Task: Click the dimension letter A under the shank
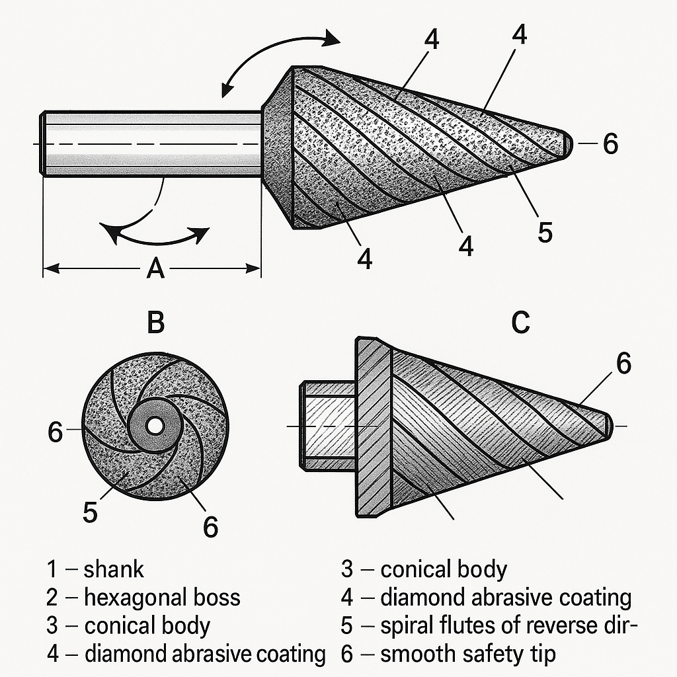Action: click(x=156, y=268)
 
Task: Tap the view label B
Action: click(x=155, y=322)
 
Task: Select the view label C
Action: click(x=520, y=322)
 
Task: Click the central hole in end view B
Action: click(x=153, y=426)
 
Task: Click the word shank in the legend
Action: click(x=114, y=569)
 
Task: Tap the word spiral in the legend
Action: click(x=407, y=626)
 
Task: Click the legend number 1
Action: click(x=52, y=569)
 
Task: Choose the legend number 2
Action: click(x=52, y=598)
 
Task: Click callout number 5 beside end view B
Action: click(x=90, y=512)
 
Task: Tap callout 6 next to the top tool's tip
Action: click(x=610, y=143)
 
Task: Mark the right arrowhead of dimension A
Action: click(x=253, y=268)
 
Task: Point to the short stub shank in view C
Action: click(x=328, y=426)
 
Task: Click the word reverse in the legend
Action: click(x=565, y=626)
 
